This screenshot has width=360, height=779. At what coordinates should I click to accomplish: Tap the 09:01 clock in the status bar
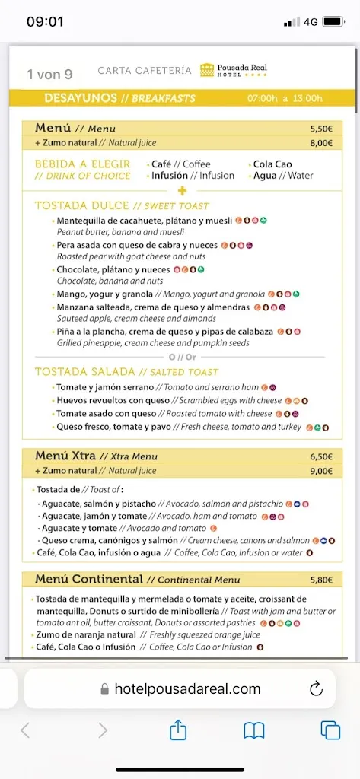pyautogui.click(x=45, y=21)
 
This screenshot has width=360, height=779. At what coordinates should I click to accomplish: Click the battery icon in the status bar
pyautogui.click(x=333, y=21)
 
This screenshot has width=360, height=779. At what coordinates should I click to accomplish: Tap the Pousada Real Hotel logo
pyautogui.click(x=234, y=70)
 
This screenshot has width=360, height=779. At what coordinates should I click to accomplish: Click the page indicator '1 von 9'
pyautogui.click(x=49, y=74)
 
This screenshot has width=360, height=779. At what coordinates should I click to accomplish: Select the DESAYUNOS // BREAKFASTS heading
pyautogui.click(x=119, y=98)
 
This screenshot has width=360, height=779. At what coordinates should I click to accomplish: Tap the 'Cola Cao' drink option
pyautogui.click(x=272, y=164)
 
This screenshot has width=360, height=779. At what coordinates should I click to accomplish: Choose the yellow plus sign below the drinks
pyautogui.click(x=182, y=190)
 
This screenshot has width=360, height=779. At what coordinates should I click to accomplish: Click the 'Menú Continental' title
pyautogui.click(x=89, y=580)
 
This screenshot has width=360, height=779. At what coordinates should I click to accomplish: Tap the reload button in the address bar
pyautogui.click(x=316, y=689)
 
